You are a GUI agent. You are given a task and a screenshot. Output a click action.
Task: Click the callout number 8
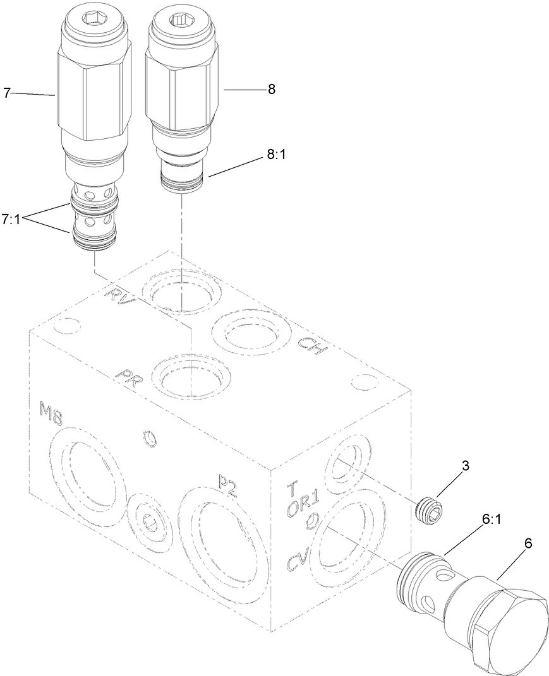tap(271, 90)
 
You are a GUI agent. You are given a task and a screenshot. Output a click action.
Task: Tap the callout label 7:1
tap(12, 220)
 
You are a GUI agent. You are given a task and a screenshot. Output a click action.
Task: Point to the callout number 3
tap(464, 466)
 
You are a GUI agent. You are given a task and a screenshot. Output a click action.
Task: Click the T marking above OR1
tap(292, 487)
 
